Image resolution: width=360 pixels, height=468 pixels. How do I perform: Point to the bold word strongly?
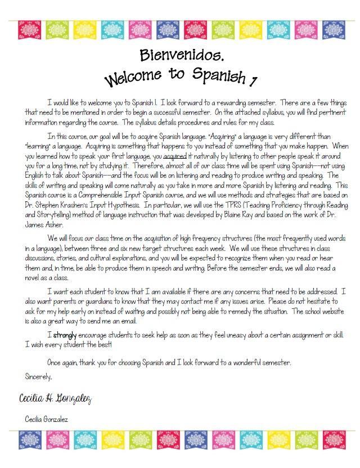(x=65, y=336)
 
